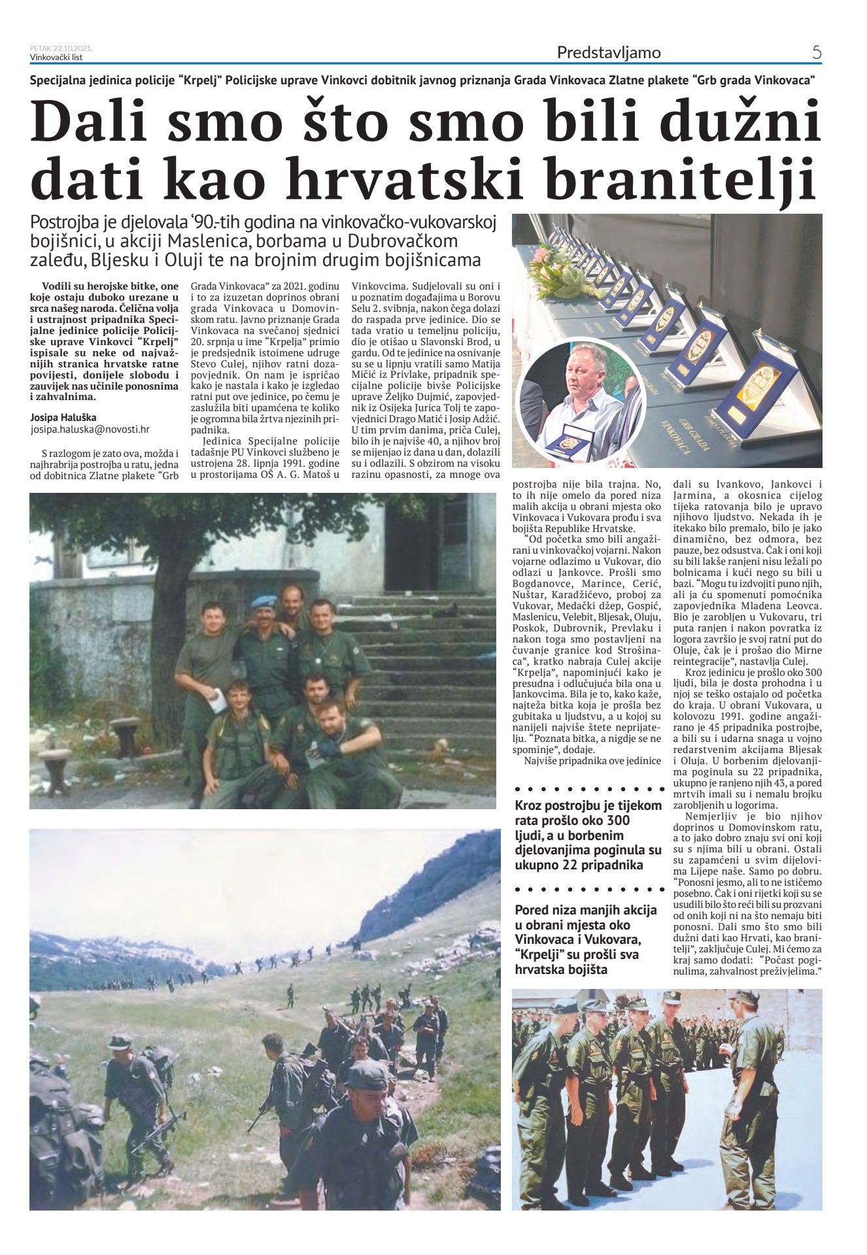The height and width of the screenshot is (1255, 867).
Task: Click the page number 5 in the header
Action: click(816, 52)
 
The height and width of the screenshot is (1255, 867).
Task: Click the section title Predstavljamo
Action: click(608, 52)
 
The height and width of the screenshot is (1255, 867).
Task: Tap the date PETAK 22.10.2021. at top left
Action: click(61, 48)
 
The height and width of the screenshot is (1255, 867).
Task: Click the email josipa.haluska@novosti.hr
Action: click(90, 429)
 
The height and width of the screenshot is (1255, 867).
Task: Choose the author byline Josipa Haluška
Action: click(63, 417)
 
